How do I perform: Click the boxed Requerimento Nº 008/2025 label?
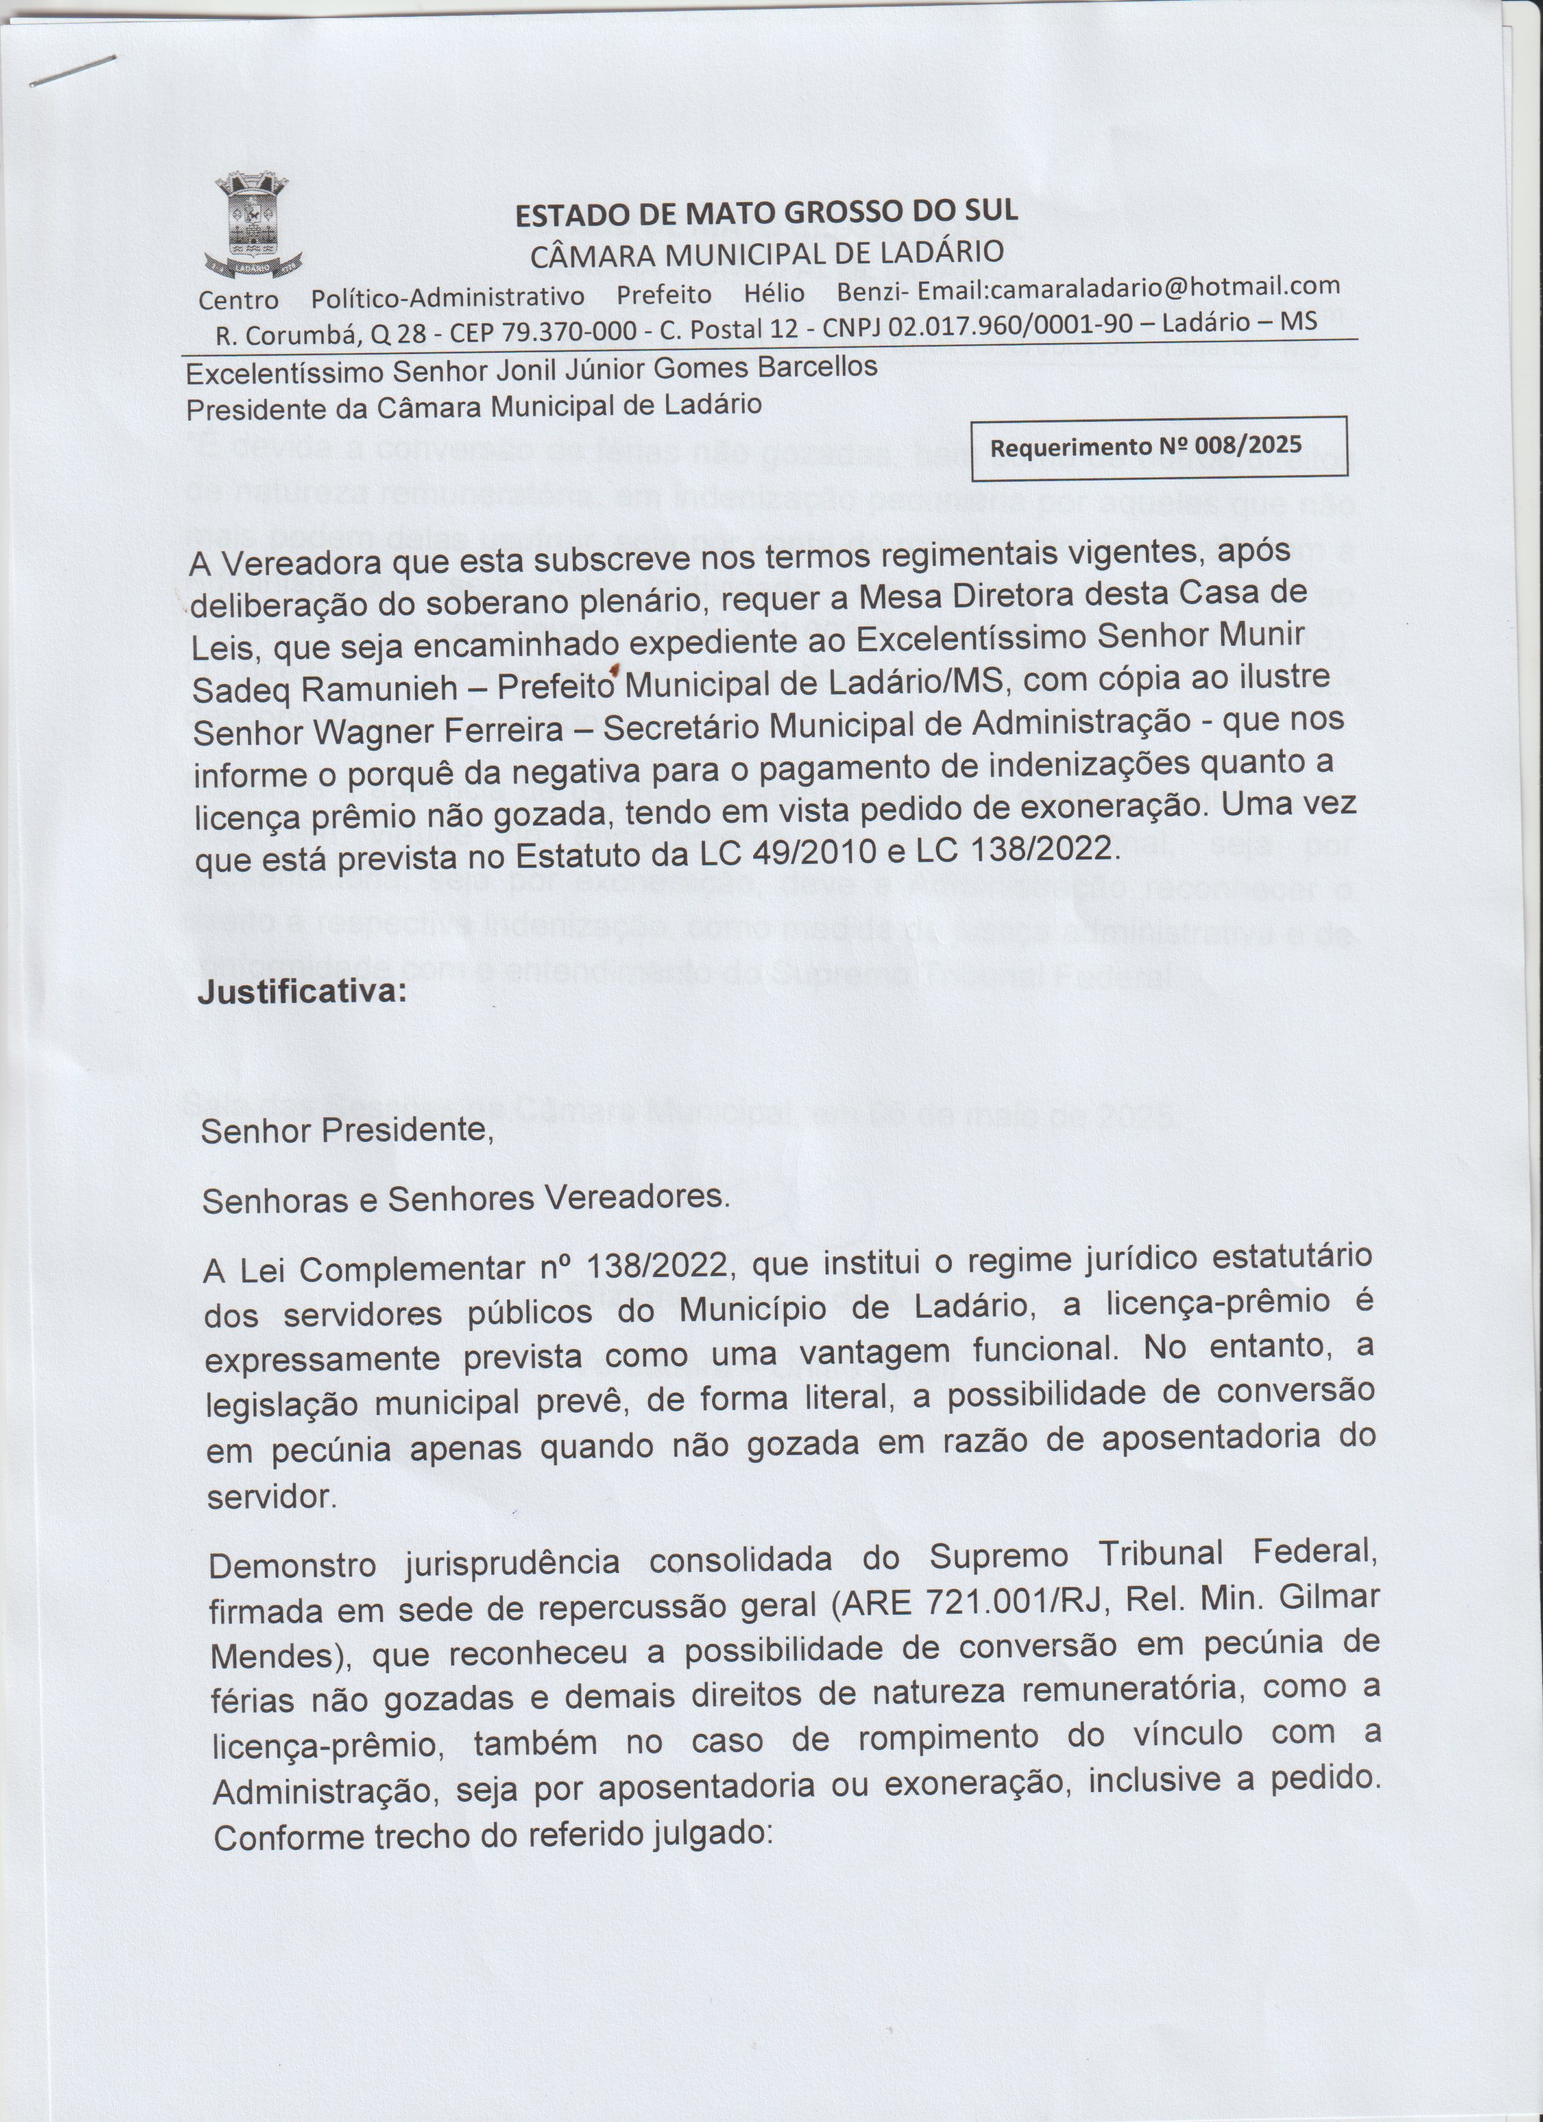click(1159, 446)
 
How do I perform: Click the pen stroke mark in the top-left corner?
click(73, 71)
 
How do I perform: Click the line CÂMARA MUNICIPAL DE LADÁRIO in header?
click(767, 252)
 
